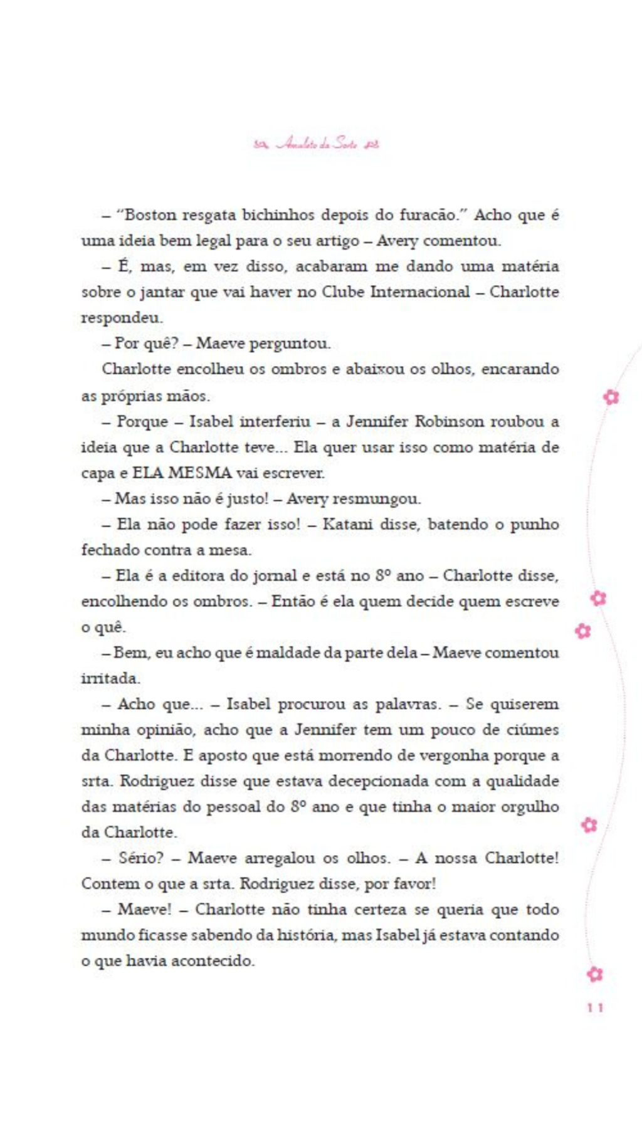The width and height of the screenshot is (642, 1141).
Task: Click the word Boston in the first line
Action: pos(150,215)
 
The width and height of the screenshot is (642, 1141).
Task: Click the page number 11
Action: pos(595,1007)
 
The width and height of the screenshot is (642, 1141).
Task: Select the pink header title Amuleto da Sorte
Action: pos(317,144)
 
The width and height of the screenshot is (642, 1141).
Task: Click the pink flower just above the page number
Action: pos(594,974)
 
